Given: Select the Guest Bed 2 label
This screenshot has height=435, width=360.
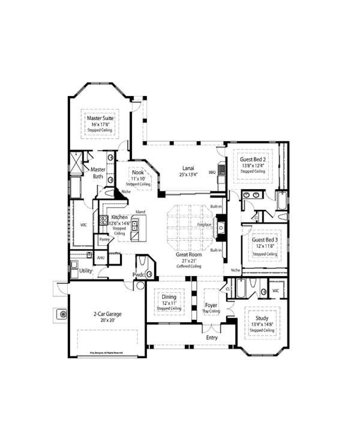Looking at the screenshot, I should (253, 160).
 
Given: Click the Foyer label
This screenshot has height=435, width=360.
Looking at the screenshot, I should (211, 296).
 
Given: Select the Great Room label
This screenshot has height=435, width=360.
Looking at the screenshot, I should (188, 254).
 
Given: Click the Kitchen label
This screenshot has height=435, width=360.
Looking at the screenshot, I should (119, 217).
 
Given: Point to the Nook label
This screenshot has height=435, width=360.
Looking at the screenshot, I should (138, 172).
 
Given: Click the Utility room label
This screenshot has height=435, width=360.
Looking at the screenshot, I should (86, 271).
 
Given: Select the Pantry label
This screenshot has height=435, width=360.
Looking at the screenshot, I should (104, 239).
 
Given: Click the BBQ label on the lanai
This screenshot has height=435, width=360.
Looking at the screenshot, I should (212, 172).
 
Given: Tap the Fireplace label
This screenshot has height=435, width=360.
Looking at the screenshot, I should (205, 224).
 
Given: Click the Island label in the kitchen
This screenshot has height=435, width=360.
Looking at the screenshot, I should (140, 212).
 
